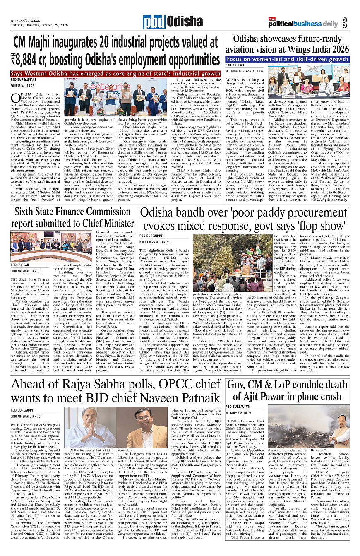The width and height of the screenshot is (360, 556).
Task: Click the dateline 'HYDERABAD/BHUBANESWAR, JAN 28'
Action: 245,71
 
